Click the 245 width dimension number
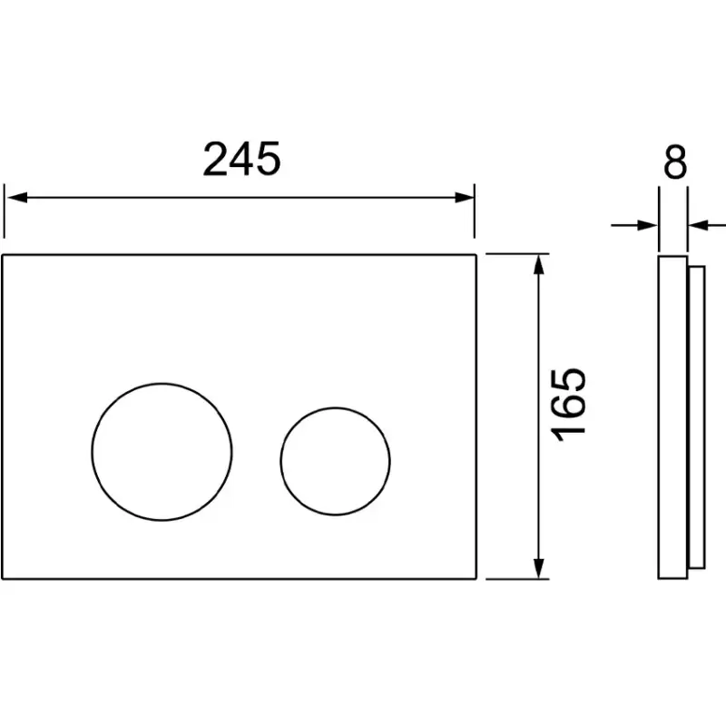point(241,159)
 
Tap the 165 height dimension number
point(568,405)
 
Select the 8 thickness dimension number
point(675,162)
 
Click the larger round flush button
point(162,383)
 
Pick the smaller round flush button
point(335,407)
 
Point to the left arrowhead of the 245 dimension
point(17,198)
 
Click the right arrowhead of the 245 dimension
point(464,198)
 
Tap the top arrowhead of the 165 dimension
point(538,264)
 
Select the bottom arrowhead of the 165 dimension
point(538,568)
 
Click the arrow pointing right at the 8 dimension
point(634,225)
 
